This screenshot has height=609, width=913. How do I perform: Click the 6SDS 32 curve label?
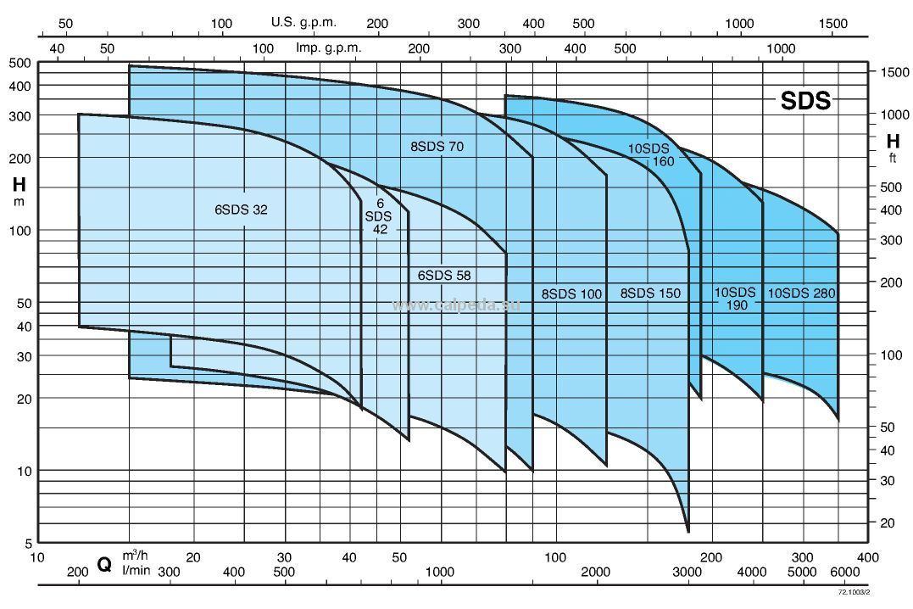[241, 210]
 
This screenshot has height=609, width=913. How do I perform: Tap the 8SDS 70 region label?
[437, 147]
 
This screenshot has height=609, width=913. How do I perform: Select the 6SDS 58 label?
[443, 275]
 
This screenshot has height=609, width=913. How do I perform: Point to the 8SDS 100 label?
[571, 293]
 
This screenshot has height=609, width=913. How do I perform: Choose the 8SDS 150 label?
[650, 293]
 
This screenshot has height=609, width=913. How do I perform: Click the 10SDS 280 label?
[801, 293]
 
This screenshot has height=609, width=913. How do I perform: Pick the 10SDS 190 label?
[735, 299]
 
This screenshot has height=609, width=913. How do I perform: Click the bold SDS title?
[805, 102]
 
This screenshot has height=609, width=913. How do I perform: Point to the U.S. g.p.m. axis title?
[303, 22]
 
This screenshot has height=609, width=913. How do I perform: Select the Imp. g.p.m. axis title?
[328, 47]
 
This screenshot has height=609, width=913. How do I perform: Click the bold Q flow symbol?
[104, 564]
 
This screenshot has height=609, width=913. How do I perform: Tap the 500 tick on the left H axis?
[20, 63]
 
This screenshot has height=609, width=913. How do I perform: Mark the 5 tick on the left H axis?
[27, 543]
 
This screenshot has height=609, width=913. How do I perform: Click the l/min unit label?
[136, 571]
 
